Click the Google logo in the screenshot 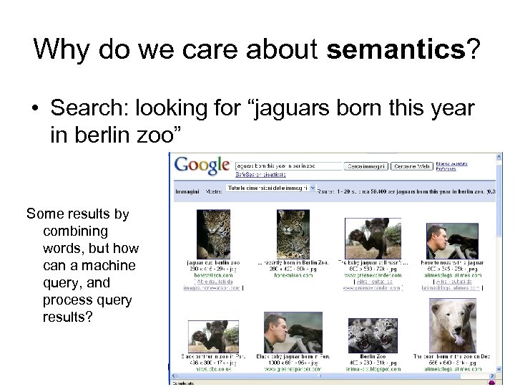[202, 165]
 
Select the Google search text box [288, 166]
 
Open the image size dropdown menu [270, 188]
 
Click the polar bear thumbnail [452, 325]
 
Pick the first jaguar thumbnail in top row [213, 234]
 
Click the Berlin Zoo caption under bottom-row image [373, 356]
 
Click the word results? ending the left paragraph [68, 317]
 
